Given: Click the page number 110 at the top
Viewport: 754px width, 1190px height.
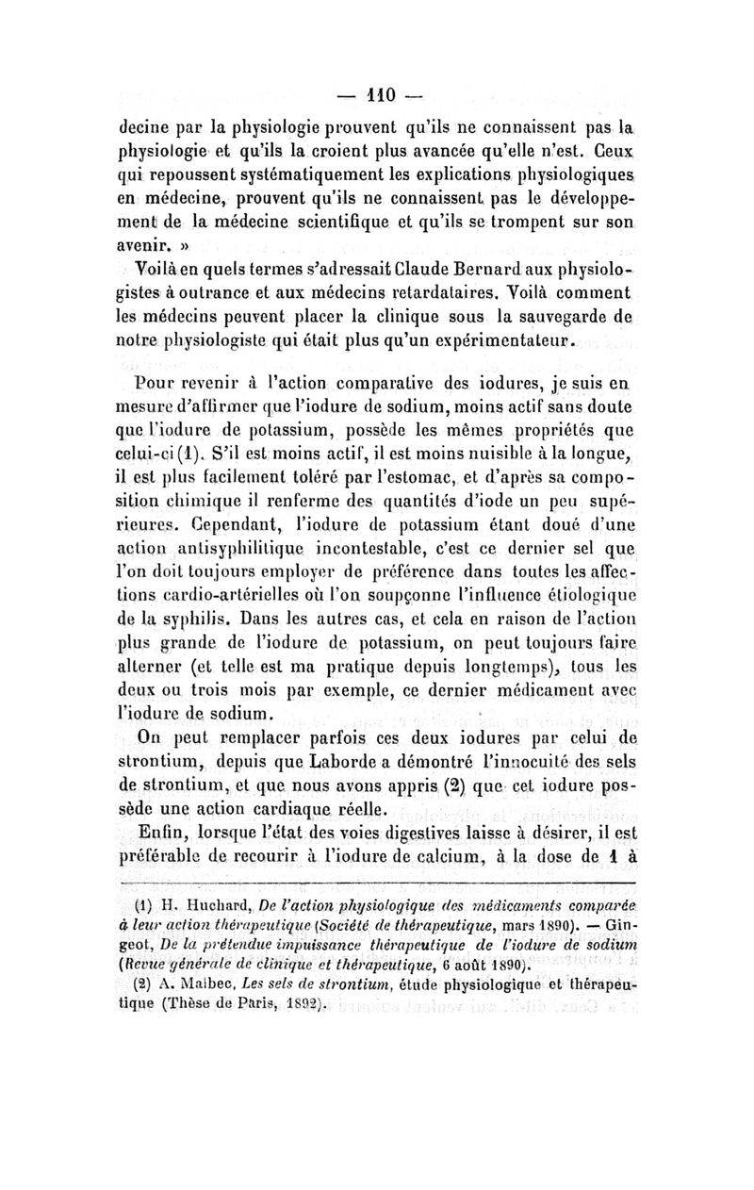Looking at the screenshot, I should [376, 94].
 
